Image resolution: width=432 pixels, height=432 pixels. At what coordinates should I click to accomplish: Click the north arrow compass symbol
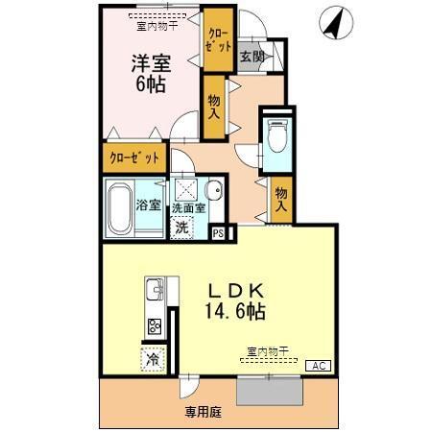(332, 23)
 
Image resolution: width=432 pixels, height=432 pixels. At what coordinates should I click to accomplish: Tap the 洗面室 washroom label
(189, 208)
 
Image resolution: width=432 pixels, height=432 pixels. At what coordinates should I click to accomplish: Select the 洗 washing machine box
(182, 228)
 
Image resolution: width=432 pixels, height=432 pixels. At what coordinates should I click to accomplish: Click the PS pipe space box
(218, 231)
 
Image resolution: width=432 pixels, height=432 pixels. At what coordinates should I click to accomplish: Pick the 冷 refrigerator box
(153, 360)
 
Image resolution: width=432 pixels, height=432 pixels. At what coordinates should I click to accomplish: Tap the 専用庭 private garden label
(204, 411)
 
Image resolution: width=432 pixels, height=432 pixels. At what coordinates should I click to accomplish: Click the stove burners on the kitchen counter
(154, 325)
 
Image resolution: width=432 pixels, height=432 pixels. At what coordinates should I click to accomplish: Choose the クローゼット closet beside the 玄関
(218, 39)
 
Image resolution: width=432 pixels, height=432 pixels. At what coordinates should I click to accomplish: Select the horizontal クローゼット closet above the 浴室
(133, 156)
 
